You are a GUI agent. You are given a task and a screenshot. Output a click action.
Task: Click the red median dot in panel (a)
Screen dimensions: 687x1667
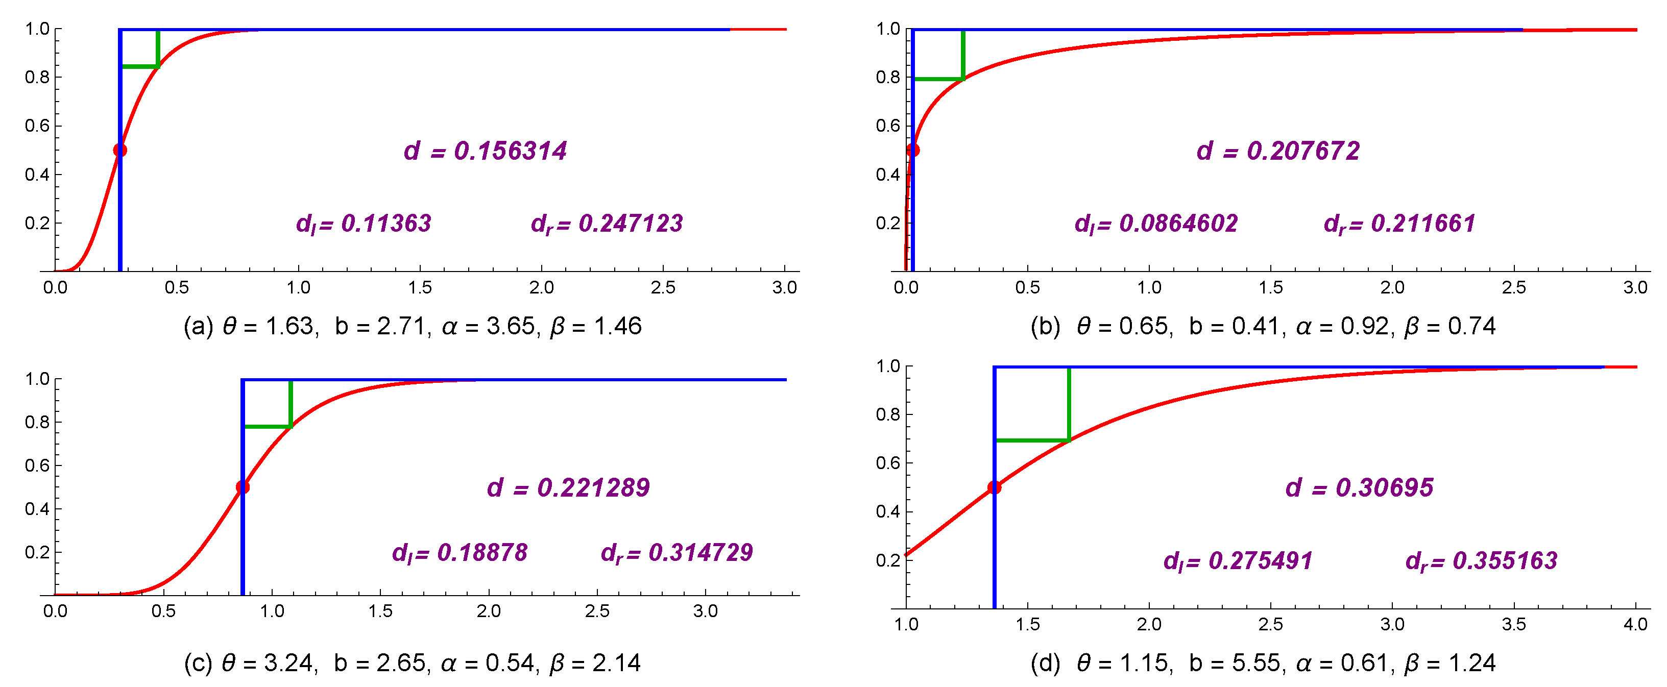tap(119, 150)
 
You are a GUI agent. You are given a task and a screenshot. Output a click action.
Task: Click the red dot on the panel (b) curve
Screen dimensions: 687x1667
tap(912, 150)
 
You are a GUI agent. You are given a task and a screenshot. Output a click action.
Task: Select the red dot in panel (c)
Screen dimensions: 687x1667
tap(243, 487)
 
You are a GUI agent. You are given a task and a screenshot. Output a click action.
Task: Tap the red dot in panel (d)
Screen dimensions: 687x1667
tap(994, 487)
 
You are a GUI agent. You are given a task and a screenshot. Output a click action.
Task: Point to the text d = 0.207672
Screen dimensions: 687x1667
tap(1278, 151)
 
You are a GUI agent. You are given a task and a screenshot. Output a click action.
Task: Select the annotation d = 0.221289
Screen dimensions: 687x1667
tap(568, 487)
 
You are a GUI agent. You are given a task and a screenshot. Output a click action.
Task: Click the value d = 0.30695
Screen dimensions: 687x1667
tap(1359, 487)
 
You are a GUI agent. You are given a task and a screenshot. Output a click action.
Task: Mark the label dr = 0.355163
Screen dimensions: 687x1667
tap(1481, 561)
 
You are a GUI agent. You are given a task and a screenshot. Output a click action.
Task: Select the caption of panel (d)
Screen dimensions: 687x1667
tap(1263, 663)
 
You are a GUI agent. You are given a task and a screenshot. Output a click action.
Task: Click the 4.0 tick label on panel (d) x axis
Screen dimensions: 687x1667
tap(1635, 624)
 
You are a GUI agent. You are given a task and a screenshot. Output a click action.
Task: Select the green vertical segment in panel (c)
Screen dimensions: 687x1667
tap(291, 403)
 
